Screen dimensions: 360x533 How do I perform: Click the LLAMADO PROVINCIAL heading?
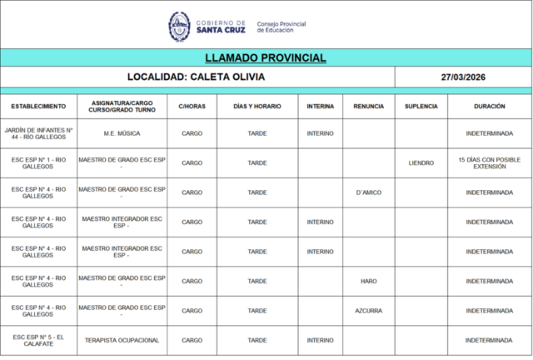tap(266, 58)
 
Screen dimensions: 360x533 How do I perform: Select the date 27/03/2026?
tap(464, 77)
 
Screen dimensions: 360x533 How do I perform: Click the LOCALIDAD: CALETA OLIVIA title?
tap(197, 77)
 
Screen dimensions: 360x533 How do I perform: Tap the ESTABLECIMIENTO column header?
tap(38, 107)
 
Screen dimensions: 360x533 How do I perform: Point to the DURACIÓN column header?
tap(489, 107)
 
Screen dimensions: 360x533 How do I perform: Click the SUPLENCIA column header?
tap(421, 107)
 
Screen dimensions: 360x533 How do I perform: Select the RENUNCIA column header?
tap(368, 107)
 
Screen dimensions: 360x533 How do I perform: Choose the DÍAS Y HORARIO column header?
tap(257, 107)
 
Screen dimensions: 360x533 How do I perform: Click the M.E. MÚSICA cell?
tap(122, 133)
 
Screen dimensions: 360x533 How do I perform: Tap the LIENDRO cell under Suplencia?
tap(421, 162)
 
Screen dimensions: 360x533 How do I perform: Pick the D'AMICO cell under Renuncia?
tap(368, 192)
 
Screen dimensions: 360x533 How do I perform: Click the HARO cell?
tap(368, 281)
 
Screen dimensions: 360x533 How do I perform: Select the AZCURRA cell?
tap(368, 311)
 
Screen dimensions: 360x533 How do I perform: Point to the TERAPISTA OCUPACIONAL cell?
tap(122, 340)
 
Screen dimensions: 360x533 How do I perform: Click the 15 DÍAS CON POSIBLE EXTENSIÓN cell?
tap(489, 162)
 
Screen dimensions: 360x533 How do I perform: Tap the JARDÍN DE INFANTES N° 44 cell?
tap(38, 133)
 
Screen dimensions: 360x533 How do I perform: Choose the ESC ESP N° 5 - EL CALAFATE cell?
tap(38, 340)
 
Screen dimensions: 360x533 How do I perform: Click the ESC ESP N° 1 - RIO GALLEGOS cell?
tap(38, 162)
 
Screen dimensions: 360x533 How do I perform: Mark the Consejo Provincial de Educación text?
tap(281, 27)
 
